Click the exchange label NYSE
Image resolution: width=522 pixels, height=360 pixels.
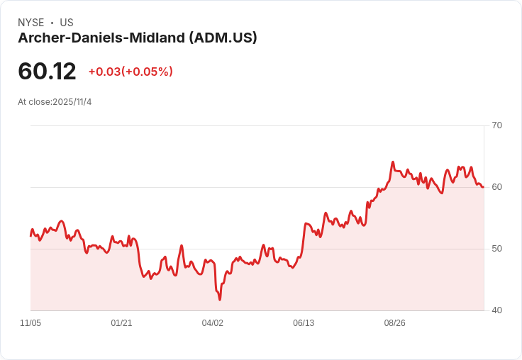31,23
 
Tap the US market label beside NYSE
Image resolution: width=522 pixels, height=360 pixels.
67,23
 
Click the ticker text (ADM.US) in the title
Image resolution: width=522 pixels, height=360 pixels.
223,38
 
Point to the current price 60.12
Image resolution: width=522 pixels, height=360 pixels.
47,71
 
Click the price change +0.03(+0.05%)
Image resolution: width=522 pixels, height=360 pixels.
130,72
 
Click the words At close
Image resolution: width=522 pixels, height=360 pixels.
33,102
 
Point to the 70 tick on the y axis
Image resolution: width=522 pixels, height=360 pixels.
496,125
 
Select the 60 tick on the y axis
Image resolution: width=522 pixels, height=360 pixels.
496,187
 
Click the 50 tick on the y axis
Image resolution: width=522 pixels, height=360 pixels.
496,249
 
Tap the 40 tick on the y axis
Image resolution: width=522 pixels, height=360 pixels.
496,310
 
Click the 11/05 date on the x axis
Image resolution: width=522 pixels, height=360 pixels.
30,323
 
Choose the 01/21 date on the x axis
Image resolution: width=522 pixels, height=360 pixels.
121,323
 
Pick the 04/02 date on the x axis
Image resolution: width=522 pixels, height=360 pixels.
213,323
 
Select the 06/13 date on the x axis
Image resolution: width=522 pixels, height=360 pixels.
304,323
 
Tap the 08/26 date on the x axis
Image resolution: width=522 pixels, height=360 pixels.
395,323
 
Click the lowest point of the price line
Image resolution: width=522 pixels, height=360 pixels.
220,300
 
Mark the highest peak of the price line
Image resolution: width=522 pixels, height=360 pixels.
393,162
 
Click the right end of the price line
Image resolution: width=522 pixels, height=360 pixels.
483,187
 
